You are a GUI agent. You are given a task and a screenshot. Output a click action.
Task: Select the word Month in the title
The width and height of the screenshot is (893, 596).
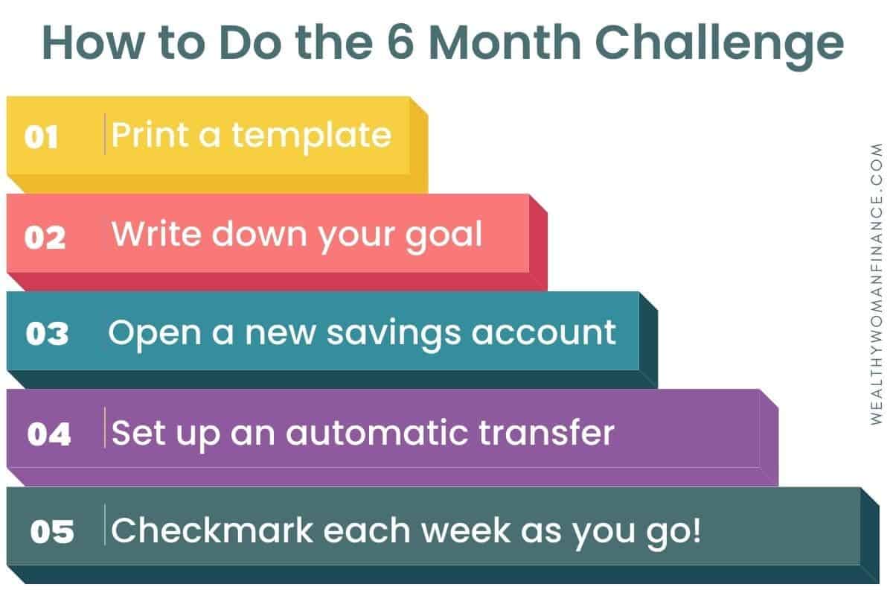click(x=505, y=42)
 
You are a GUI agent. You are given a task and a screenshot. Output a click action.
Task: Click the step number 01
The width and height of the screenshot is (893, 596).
click(x=41, y=137)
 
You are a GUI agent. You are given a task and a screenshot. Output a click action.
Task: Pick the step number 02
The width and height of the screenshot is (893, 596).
click(x=45, y=237)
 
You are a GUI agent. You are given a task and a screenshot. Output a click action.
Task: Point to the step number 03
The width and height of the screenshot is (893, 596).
click(x=47, y=333)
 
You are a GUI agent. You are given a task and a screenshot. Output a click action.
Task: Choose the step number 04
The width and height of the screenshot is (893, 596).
click(x=49, y=434)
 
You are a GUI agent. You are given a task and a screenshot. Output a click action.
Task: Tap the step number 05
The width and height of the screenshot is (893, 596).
click(x=52, y=531)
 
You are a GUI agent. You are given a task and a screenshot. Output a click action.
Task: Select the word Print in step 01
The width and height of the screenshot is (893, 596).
click(x=150, y=134)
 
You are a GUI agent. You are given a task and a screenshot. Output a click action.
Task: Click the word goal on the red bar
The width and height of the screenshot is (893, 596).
click(x=444, y=236)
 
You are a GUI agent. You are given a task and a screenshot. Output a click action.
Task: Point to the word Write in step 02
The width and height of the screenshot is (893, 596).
click(x=156, y=233)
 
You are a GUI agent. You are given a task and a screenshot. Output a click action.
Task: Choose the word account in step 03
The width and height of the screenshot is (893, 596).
click(x=544, y=332)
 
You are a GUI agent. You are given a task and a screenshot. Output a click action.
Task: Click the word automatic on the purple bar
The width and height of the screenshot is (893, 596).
click(x=377, y=432)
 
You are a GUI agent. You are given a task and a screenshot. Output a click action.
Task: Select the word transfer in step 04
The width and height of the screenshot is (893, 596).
click(x=546, y=431)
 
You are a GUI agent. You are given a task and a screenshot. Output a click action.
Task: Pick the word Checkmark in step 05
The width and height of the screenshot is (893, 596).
click(x=212, y=530)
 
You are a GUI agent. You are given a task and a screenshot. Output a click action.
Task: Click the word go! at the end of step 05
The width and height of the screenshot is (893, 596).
click(x=673, y=533)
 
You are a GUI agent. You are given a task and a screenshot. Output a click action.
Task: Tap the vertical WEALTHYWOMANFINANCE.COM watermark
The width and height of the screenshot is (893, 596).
click(x=877, y=284)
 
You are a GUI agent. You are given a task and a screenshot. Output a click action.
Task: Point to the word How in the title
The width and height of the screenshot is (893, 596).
click(x=92, y=42)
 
